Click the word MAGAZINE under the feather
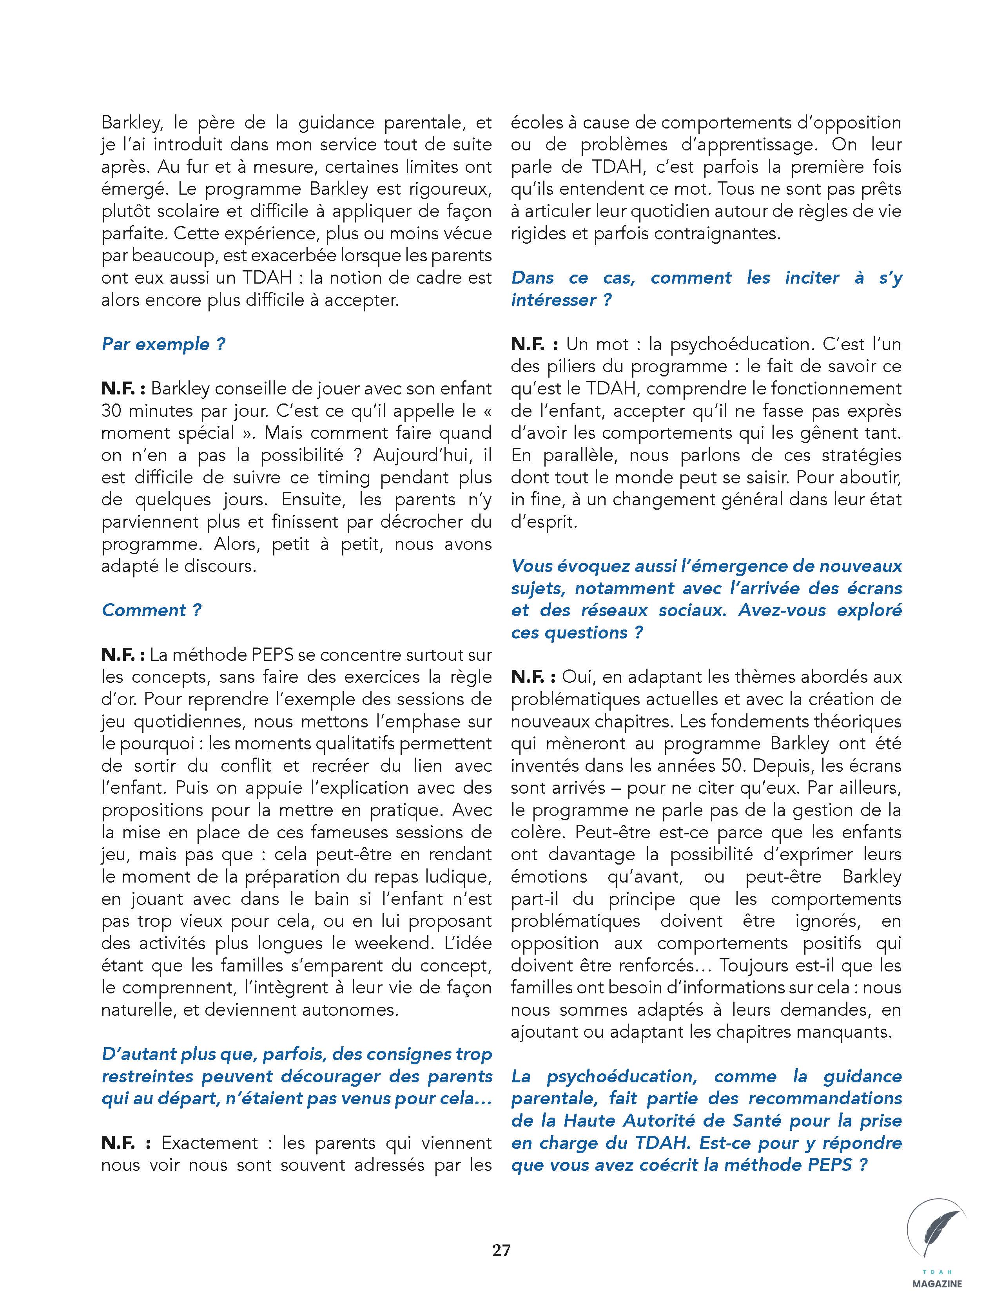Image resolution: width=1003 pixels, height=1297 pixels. coord(938,1283)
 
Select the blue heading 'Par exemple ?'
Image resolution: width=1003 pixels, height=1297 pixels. coord(163,344)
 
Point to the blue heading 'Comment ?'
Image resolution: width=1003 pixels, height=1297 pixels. coord(152,610)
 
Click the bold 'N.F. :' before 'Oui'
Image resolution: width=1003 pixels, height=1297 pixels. coord(533,677)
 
